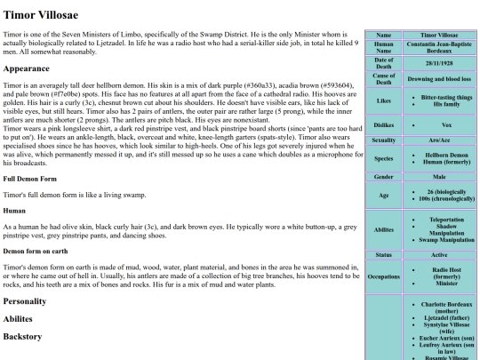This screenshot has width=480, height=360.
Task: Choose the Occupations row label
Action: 378,276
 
